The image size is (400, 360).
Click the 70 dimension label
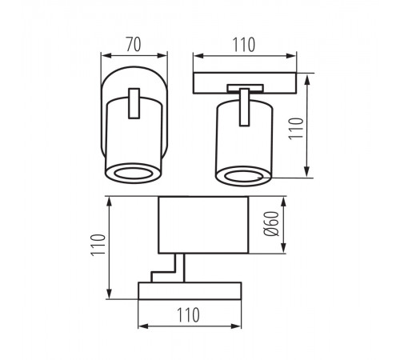pos(134,44)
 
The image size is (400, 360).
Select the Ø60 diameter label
pos(271,224)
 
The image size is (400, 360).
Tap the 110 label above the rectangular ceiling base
pos(244,45)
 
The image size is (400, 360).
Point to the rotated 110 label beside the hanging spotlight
pos(296,128)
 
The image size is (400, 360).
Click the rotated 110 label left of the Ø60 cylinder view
pos(98,246)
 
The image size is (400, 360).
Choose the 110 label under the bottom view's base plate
pos(188,315)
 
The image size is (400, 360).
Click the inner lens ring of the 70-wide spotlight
pos(133,174)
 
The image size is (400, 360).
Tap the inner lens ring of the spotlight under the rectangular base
pos(243,176)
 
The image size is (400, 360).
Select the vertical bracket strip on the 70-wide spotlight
pos(134,103)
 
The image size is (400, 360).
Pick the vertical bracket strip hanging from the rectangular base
pos(244,107)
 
